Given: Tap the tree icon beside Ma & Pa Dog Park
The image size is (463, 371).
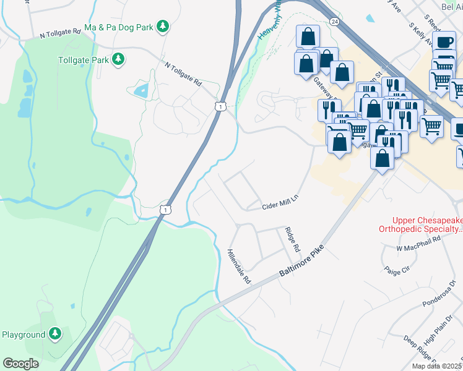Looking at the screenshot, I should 162,26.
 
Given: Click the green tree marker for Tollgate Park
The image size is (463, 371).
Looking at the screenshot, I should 118,59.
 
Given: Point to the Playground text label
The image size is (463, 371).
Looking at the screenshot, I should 23,335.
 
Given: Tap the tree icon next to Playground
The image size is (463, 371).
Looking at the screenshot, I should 55,335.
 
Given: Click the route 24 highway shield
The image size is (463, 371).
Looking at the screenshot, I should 334,21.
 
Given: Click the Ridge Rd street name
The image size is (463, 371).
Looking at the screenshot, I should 292,239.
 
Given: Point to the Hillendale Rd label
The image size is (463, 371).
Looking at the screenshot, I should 239,267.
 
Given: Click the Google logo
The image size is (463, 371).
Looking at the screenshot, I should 20,364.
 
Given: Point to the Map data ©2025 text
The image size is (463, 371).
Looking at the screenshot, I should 437,366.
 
